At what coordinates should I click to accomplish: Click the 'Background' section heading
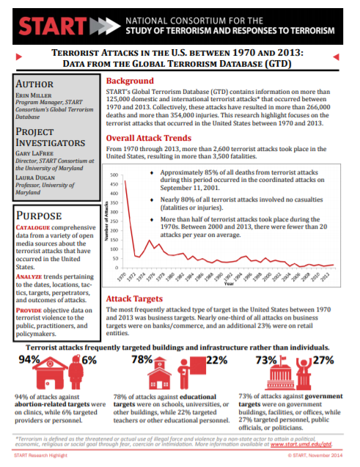(x=131, y=81)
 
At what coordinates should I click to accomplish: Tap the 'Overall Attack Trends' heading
(x=153, y=137)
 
